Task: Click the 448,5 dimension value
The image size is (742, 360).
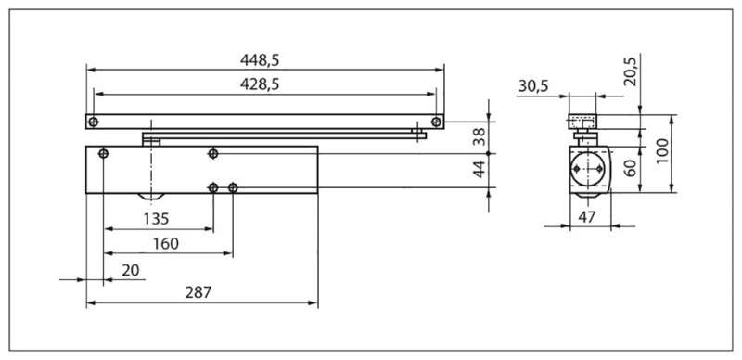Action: point(260,60)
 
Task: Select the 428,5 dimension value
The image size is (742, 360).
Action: point(260,84)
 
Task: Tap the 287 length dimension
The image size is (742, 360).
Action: point(198,293)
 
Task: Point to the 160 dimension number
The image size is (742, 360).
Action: point(166,243)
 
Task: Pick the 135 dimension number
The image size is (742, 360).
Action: point(156,219)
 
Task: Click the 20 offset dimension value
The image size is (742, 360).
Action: point(131,271)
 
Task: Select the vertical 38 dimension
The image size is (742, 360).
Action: point(480,136)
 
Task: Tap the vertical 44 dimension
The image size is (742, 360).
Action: point(480,169)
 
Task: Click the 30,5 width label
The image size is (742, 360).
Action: point(532,85)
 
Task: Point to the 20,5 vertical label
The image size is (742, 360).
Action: point(631,70)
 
